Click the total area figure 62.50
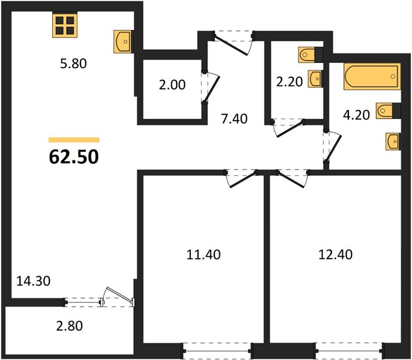[x=74, y=157]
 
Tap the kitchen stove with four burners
[x=65, y=25]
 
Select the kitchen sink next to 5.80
[x=123, y=41]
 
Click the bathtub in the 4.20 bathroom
[x=372, y=76]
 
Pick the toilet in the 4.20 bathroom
[x=389, y=110]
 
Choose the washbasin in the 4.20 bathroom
[x=393, y=142]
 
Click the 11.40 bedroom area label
[x=204, y=255]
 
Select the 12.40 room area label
[x=336, y=255]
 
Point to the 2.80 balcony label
[x=70, y=326]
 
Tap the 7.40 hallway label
[x=234, y=119]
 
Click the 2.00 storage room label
[x=172, y=85]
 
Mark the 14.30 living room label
[x=33, y=281]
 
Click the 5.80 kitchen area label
[x=73, y=64]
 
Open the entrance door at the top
[x=232, y=43]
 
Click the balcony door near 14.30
[x=118, y=297]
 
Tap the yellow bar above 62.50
[x=74, y=140]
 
